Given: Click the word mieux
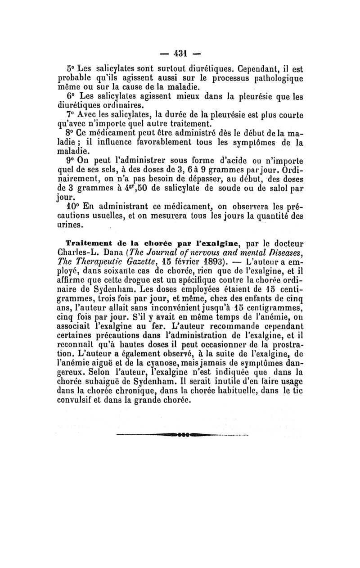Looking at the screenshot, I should click(x=180, y=96).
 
